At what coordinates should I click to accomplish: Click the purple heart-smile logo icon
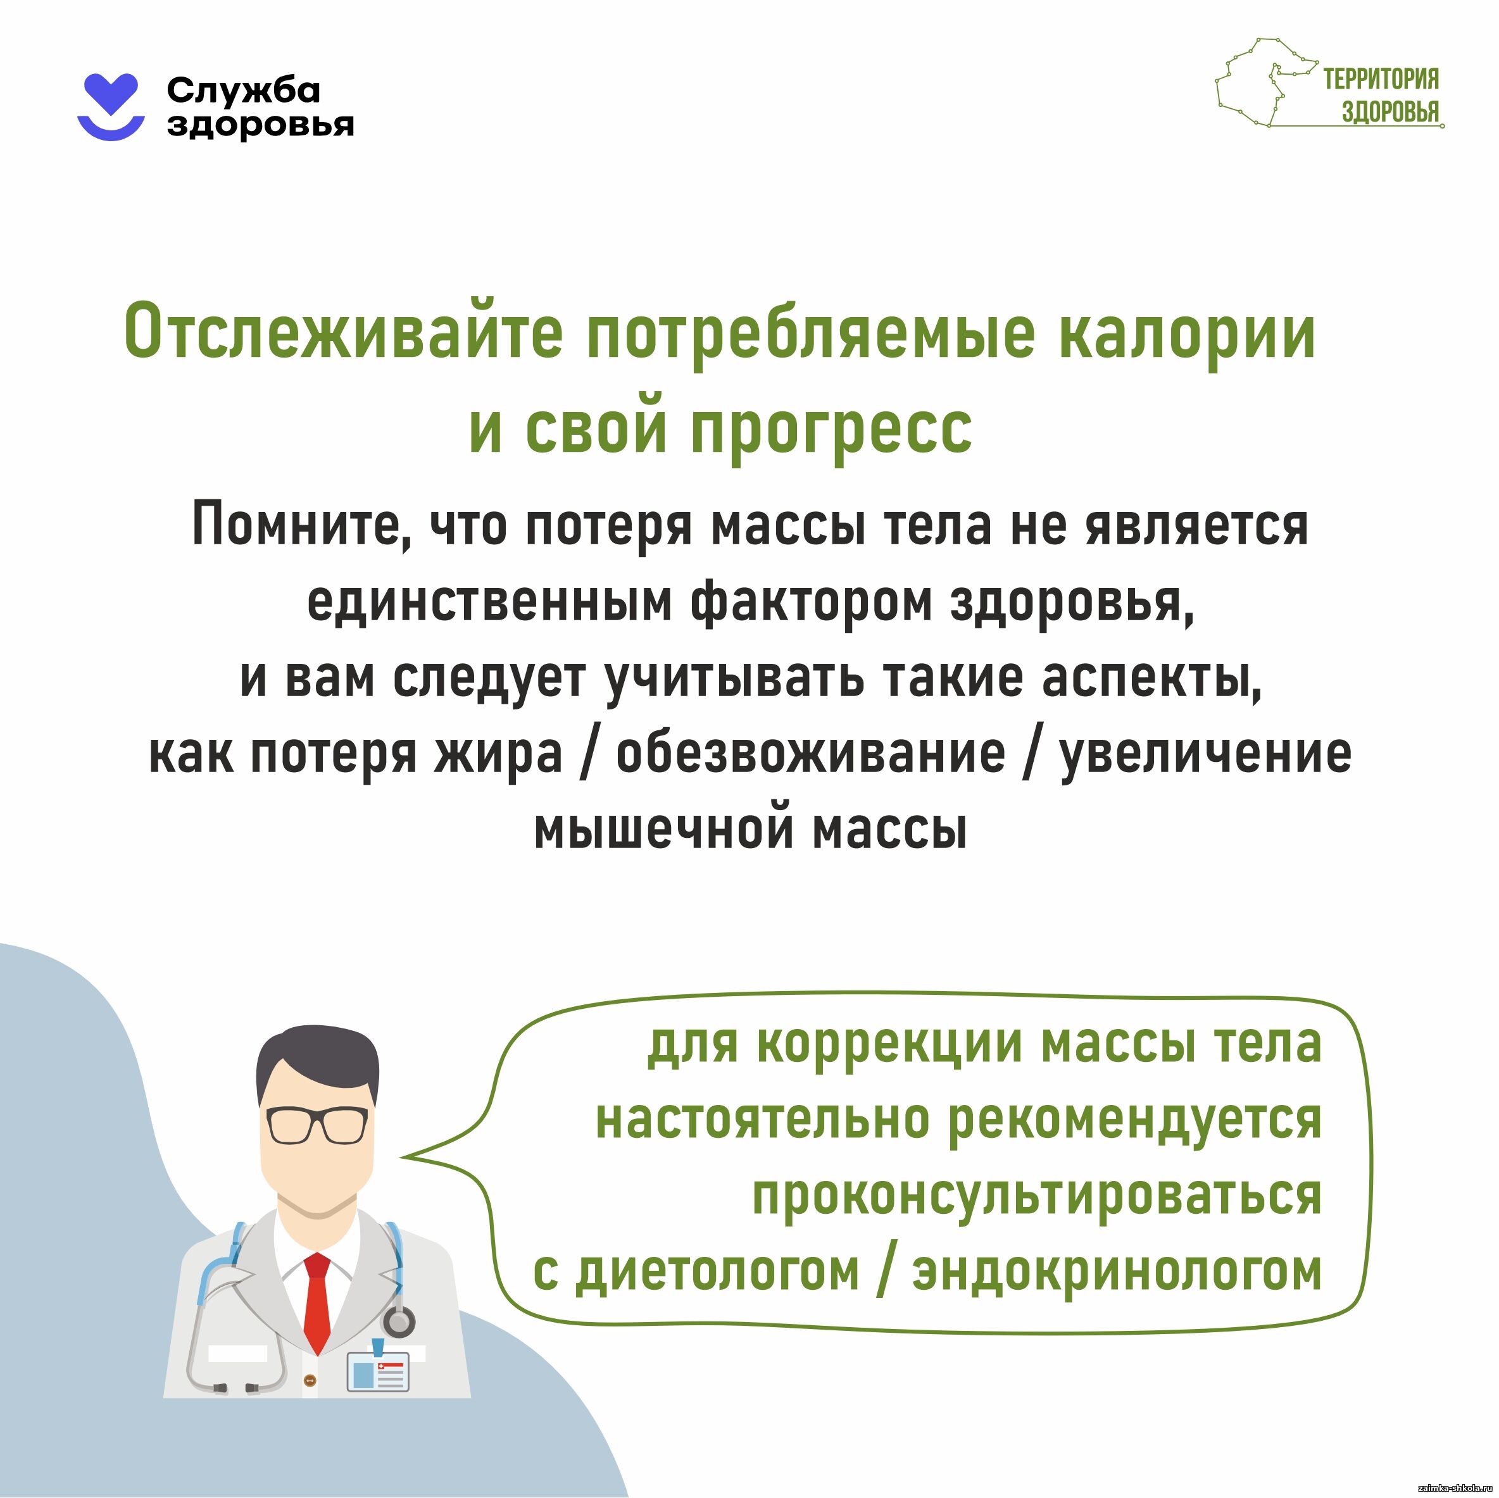(x=111, y=107)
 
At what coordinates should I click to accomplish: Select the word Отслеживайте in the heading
(x=344, y=334)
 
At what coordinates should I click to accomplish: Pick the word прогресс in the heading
(x=831, y=430)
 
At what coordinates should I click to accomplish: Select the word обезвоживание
(x=810, y=752)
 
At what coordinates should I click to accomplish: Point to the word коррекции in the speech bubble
(x=889, y=1045)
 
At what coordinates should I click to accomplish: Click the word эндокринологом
(x=1117, y=1271)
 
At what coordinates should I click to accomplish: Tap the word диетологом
(x=718, y=1271)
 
